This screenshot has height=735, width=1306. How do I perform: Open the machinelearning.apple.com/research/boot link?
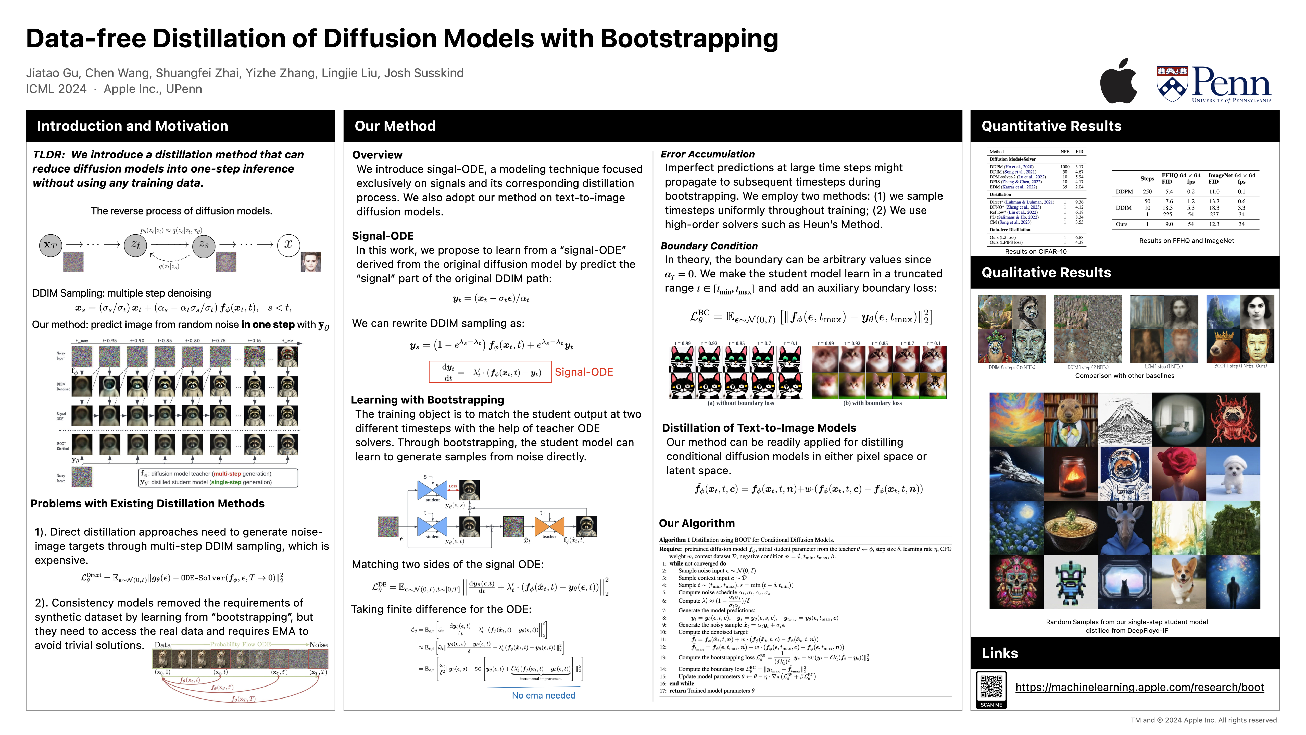click(x=1139, y=687)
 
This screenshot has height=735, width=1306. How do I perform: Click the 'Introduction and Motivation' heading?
click(x=132, y=126)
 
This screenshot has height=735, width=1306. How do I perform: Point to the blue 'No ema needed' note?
click(x=544, y=695)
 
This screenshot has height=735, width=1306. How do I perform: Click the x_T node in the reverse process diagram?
click(x=51, y=246)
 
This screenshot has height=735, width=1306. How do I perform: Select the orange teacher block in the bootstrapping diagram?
click(x=549, y=526)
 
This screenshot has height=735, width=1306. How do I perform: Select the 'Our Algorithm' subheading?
click(x=697, y=523)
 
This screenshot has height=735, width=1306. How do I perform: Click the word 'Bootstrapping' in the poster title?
click(x=689, y=39)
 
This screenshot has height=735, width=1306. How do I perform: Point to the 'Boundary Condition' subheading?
click(x=709, y=246)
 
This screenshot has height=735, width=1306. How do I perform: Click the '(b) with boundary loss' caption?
click(x=872, y=403)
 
